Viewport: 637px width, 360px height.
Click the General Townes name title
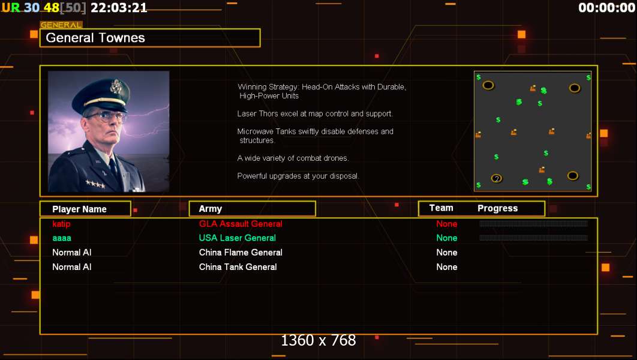(x=95, y=38)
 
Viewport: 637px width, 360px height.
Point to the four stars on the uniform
(x=94, y=184)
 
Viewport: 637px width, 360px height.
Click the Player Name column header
(x=79, y=209)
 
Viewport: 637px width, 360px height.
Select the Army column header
(x=211, y=209)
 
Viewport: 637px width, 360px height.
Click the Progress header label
(x=497, y=208)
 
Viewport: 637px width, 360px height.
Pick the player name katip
(x=61, y=224)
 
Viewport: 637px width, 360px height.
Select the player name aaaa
(x=62, y=238)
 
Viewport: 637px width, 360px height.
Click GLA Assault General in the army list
(x=241, y=224)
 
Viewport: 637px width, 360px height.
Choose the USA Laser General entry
(x=238, y=238)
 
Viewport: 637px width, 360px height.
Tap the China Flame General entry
(x=241, y=253)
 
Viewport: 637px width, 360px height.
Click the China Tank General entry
(x=238, y=267)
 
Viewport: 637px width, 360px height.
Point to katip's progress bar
(x=533, y=224)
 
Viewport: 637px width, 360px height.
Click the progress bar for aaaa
(x=533, y=238)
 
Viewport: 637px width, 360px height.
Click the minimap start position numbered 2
(x=497, y=178)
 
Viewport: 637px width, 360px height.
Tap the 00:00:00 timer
(x=606, y=8)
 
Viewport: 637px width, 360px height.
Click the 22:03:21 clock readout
(x=119, y=8)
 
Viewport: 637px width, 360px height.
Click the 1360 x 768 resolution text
(x=318, y=341)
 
